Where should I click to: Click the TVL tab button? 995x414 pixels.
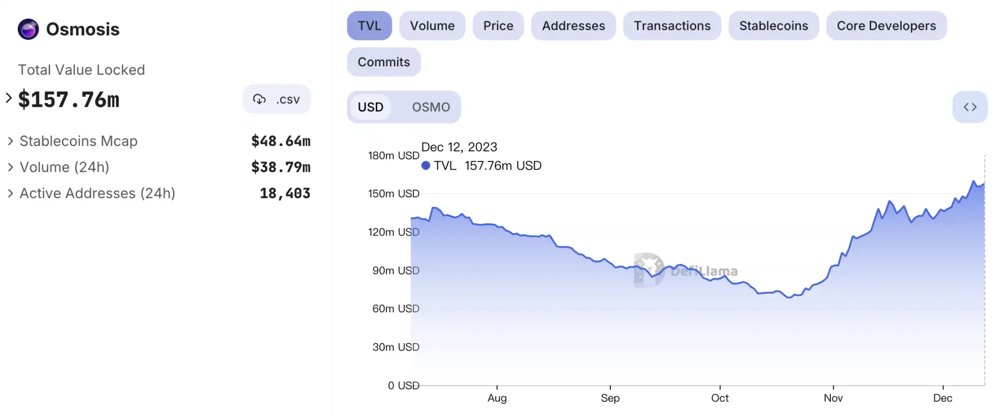pos(369,26)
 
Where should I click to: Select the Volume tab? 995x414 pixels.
pos(432,26)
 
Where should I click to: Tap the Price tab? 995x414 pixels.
pos(498,26)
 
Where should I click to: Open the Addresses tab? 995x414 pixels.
pos(573,26)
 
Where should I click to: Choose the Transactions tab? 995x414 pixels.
pos(672,26)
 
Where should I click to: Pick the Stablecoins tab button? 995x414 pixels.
pos(774,26)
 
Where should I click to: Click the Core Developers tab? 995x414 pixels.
pos(886,26)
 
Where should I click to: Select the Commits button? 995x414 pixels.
pos(384,62)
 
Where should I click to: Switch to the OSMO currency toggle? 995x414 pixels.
pos(431,107)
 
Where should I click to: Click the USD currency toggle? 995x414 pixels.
pos(370,107)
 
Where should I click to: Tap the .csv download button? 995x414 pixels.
pos(276,99)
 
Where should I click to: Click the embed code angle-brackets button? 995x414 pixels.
pos(970,107)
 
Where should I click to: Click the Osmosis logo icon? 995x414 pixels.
pos(29,30)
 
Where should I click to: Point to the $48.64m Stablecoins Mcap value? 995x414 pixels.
pos(281,142)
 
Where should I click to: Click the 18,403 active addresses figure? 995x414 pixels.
pos(285,194)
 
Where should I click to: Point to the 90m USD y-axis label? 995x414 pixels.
pos(395,271)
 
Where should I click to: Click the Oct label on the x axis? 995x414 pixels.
pos(720,398)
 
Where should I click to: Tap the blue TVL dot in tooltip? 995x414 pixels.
pos(426,166)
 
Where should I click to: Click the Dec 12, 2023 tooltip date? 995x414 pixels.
pos(459,147)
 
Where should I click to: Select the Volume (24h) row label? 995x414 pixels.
pos(64,168)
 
